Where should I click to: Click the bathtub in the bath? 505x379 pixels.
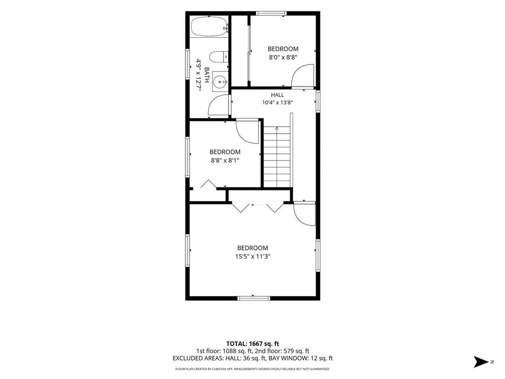pos(209,26)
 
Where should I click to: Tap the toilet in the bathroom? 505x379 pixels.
pos(218,57)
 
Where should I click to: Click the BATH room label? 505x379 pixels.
pos(207,75)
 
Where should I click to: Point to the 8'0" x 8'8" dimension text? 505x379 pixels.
pos(283,57)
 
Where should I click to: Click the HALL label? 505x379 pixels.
pos(277,95)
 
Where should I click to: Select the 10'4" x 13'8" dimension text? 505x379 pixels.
pos(277,102)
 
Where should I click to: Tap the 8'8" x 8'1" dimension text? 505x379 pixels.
pos(225,160)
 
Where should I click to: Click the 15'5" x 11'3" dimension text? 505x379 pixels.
pos(252,256)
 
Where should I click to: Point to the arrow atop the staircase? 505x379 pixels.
pos(277,128)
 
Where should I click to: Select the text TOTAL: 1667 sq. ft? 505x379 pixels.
pos(252,344)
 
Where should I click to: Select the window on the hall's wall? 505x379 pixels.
pos(318,101)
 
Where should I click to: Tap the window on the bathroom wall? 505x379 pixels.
pos(188,64)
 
